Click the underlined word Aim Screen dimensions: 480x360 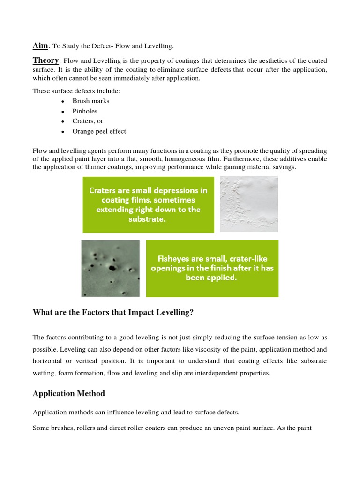point(40,45)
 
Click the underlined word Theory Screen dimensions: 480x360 point(45,60)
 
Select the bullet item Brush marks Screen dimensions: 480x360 point(91,101)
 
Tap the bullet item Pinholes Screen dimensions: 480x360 point(85,111)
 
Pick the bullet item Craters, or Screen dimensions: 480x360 point(88,121)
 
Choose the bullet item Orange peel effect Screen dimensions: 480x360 point(99,131)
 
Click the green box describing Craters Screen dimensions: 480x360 point(148,204)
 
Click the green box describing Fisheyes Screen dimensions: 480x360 point(212,268)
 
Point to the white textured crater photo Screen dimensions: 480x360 point(249,204)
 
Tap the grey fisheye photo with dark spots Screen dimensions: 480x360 point(110,268)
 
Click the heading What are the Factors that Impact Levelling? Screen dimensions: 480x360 point(113,313)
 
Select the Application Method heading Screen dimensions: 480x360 point(69,393)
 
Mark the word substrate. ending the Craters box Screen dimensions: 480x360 point(148,218)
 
